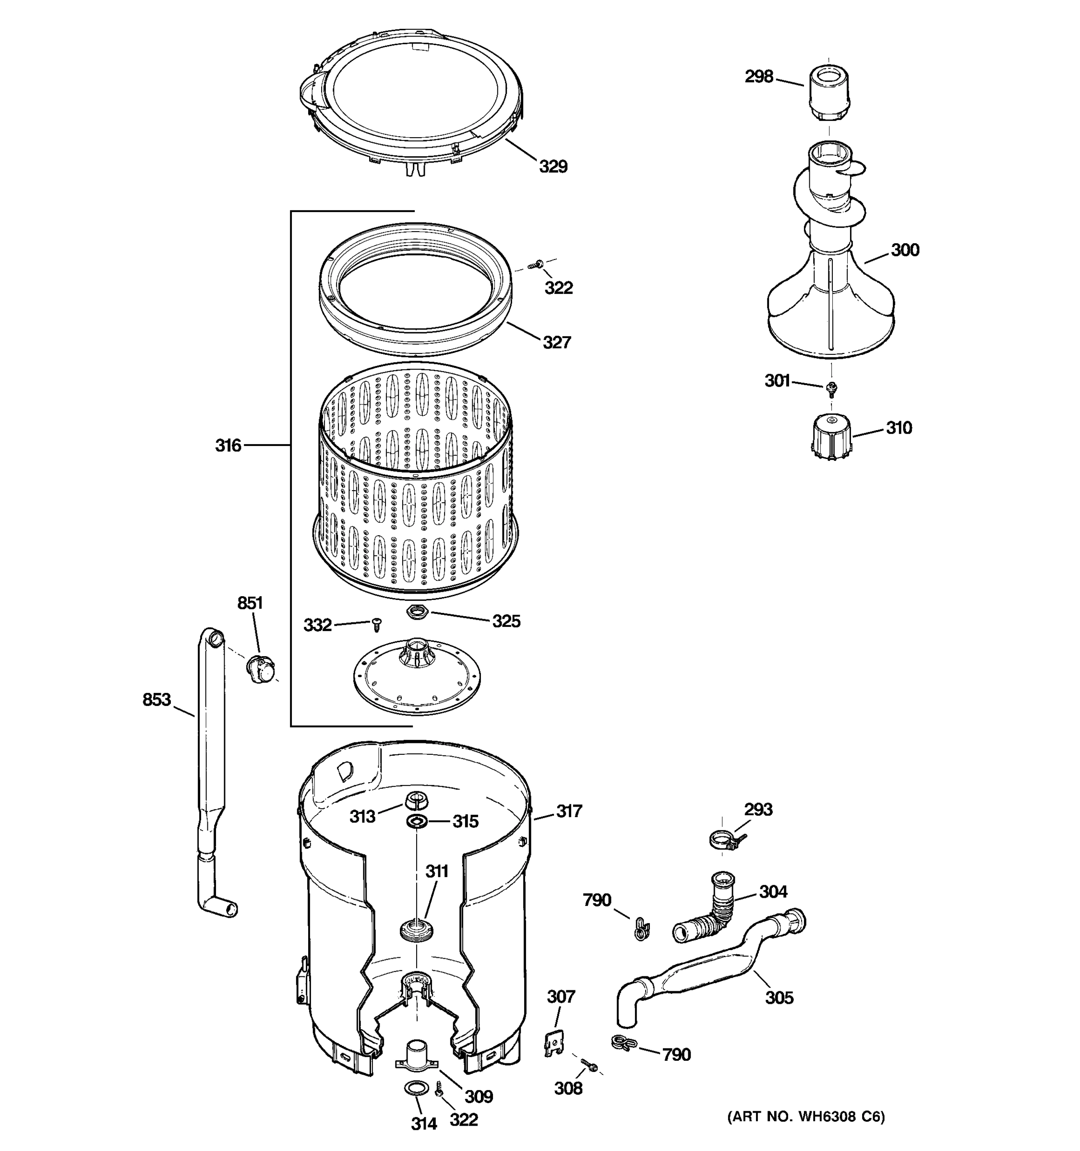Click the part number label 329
(x=553, y=167)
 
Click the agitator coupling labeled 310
(x=831, y=436)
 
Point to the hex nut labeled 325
(x=417, y=611)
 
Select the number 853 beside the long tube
(x=156, y=700)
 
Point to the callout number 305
(x=779, y=997)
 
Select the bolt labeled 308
(x=588, y=1064)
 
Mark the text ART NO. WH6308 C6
(x=806, y=1116)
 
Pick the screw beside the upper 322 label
(x=535, y=265)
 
